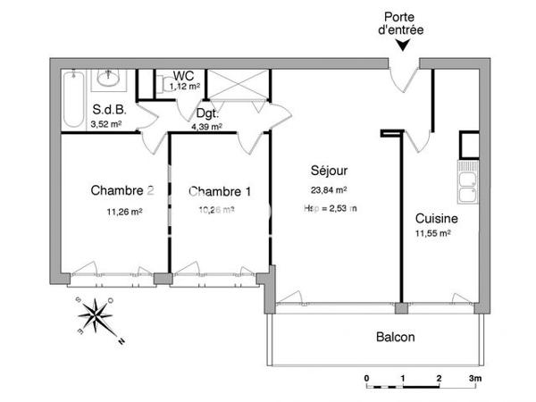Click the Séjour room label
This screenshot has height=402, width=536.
[329, 170]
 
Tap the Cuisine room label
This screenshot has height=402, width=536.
[437, 218]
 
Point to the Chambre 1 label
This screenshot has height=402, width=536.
[220, 191]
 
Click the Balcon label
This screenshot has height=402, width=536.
[395, 339]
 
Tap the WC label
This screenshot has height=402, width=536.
[186, 75]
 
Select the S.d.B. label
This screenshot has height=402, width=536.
[108, 111]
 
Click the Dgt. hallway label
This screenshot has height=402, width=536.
[207, 114]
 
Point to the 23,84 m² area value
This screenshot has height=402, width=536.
[329, 189]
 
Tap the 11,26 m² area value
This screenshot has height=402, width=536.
[124, 212]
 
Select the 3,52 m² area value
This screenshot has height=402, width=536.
[107, 125]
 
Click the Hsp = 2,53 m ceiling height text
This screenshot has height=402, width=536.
[330, 208]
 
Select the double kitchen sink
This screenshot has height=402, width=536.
[466, 187]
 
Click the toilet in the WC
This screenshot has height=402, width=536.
[165, 85]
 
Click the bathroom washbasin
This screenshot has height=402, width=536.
[112, 79]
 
